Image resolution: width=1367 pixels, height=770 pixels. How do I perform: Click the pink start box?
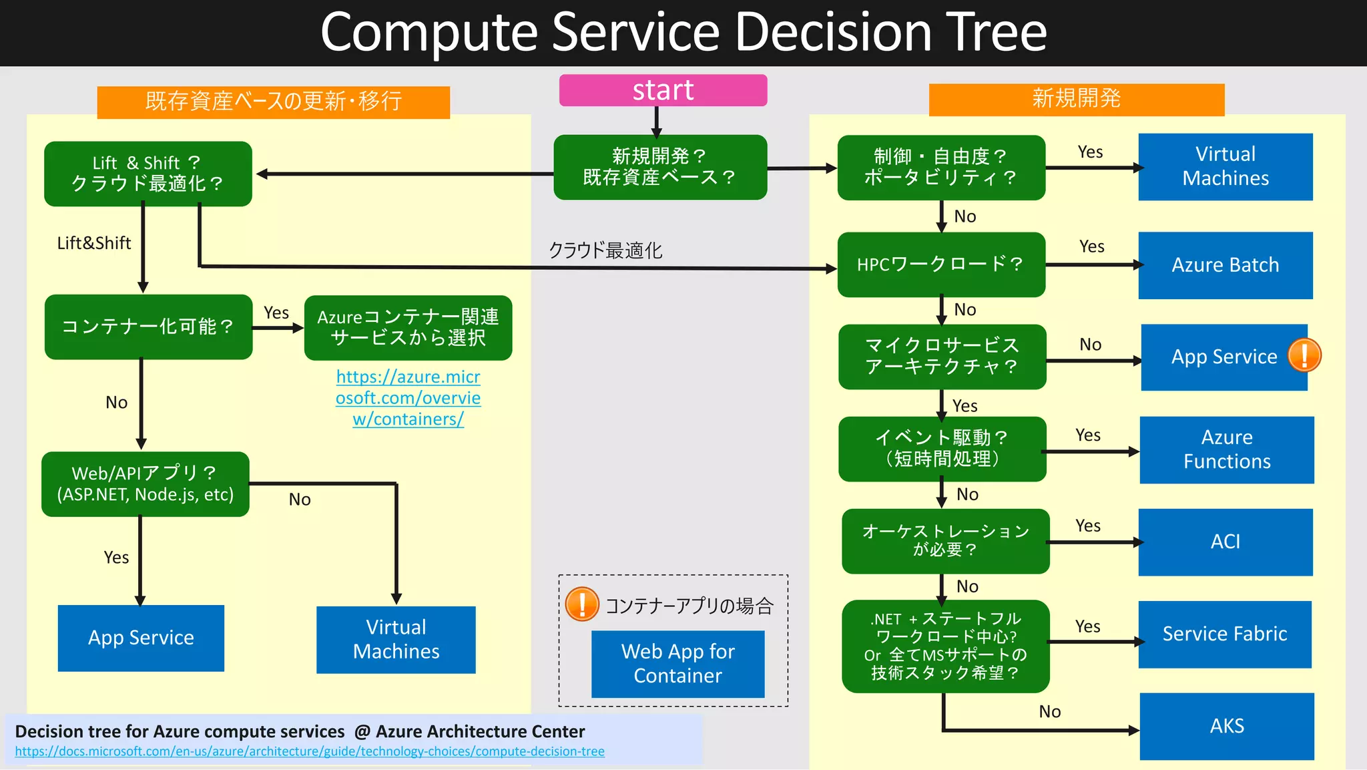pos(663,90)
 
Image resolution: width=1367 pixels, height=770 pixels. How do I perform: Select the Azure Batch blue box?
pos(1225,265)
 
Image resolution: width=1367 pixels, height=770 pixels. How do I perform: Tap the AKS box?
pos(1226,726)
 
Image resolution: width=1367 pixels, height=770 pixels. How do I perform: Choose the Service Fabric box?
pos(1224,634)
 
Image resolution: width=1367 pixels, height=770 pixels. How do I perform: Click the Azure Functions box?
pos(1226,449)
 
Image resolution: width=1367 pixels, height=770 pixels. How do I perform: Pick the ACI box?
pos(1225,542)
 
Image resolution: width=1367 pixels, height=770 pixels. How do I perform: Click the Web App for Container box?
pos(677,664)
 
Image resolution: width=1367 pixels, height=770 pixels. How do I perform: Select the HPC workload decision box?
pos(940,264)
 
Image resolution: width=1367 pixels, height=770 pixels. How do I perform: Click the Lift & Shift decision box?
pos(148,174)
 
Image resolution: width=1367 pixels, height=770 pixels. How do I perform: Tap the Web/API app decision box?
pos(145,484)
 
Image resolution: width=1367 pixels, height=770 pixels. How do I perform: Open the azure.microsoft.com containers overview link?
pos(408,398)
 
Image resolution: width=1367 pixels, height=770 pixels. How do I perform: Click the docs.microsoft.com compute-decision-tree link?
pos(309,751)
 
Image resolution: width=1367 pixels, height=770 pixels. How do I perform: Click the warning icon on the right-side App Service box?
pos(1304,355)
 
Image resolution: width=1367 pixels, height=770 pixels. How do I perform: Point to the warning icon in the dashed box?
pos(581,604)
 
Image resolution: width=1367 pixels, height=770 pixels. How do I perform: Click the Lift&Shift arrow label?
pos(94,243)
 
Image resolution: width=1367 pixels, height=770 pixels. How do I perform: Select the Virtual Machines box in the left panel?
pos(396,639)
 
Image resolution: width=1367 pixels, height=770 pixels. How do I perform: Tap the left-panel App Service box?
pos(141,638)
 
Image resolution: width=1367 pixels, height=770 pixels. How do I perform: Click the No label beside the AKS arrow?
pos(1049,711)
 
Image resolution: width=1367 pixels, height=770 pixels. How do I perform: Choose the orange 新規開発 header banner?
pos(1076,99)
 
